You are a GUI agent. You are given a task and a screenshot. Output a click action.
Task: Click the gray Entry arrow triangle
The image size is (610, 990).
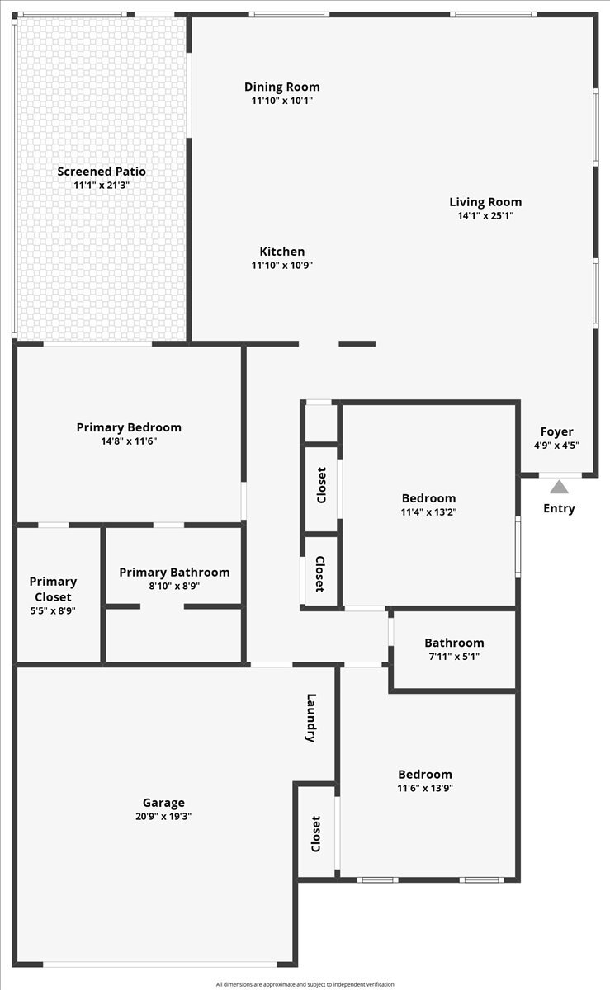[x=559, y=487]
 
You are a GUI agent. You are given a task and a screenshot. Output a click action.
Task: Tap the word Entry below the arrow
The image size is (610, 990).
[x=559, y=509]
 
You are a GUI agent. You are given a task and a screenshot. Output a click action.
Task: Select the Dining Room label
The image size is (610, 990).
[x=282, y=87]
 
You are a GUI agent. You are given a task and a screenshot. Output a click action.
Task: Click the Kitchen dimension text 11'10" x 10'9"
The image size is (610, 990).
[x=282, y=265]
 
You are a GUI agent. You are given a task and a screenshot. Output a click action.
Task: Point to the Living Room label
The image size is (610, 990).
[x=485, y=202]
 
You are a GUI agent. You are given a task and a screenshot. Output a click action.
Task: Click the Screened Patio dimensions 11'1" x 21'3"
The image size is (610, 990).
[x=102, y=185]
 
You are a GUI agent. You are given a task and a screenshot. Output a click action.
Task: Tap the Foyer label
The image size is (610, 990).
[x=557, y=431]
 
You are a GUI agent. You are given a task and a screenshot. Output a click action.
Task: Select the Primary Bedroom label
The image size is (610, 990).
[x=129, y=427]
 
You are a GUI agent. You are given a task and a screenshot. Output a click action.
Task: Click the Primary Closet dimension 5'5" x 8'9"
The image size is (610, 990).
[x=53, y=610]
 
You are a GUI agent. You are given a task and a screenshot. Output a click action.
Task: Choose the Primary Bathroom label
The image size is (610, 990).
[x=175, y=573]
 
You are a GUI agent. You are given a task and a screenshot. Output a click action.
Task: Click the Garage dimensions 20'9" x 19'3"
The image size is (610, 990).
[x=163, y=816]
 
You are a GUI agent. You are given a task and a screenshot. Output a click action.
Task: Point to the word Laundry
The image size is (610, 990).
[x=311, y=719]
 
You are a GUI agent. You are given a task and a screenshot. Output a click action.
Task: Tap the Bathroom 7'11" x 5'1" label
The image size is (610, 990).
[x=454, y=649]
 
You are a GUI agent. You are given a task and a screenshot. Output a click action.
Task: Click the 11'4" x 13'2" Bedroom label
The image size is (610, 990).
[x=428, y=505]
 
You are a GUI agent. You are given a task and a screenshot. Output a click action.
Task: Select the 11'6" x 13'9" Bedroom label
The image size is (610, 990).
[x=425, y=781]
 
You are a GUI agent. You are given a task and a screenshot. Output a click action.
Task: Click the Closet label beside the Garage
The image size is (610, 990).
[x=315, y=834]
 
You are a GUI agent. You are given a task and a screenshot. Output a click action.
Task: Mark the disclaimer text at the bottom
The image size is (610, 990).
[x=305, y=984]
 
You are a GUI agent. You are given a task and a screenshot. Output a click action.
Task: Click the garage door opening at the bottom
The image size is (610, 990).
[x=159, y=964]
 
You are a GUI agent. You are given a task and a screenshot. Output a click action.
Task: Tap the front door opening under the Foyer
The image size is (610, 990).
[x=560, y=475]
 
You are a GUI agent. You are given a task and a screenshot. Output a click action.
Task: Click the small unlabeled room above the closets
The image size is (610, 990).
[x=322, y=423]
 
